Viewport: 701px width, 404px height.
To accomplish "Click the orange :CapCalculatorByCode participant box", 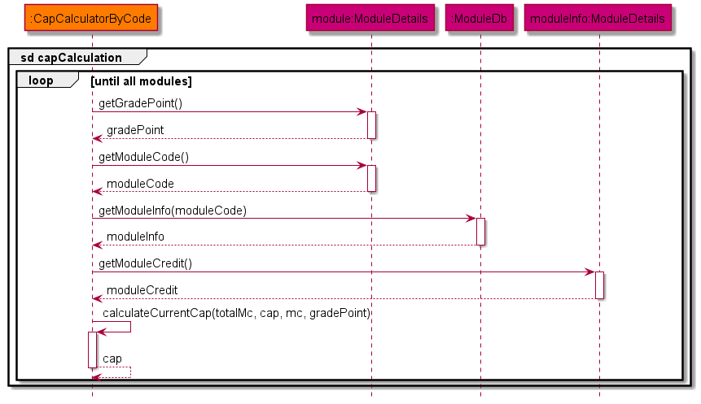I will click(x=92, y=19).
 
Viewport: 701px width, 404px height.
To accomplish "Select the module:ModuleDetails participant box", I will click(x=371, y=19).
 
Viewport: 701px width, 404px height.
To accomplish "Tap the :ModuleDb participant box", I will click(x=480, y=19).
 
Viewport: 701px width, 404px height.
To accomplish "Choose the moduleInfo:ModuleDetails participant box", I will click(x=598, y=19).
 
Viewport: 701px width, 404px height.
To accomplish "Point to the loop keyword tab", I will click(x=41, y=80).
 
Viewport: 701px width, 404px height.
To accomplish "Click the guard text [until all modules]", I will click(x=142, y=81).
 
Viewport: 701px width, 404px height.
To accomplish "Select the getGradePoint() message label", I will click(x=140, y=103).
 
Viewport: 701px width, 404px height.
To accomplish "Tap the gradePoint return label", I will click(x=135, y=130).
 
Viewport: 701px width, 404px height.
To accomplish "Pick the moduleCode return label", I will click(x=140, y=183).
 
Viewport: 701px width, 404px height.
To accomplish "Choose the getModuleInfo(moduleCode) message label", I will click(x=173, y=210).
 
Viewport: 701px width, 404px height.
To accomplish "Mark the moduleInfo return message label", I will click(x=135, y=237).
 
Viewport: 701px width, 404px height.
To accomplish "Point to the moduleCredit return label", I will click(x=142, y=289).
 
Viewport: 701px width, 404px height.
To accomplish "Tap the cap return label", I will click(x=112, y=358).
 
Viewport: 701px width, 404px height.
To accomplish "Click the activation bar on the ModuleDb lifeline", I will click(x=480, y=232).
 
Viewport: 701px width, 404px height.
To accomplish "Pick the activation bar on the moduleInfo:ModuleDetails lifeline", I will click(x=599, y=285).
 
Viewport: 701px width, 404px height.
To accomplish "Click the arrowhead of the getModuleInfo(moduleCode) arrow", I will click(x=471, y=219).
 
